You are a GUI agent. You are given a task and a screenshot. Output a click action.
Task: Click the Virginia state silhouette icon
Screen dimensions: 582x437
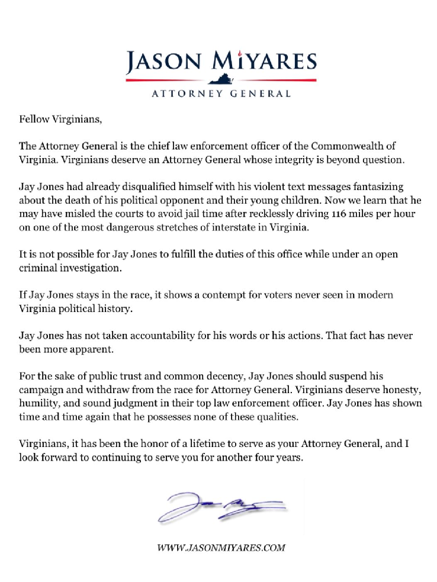pos(221,80)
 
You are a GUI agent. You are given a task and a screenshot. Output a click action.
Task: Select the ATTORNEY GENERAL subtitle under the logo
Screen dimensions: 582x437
pos(221,93)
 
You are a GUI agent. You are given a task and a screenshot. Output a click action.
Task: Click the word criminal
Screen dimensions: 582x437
pos(37,267)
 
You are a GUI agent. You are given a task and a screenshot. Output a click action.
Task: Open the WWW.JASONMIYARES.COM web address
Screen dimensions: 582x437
pos(221,548)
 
